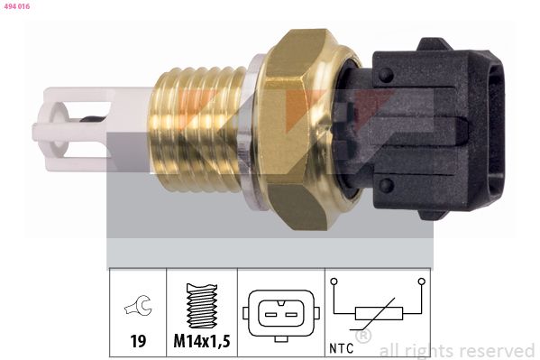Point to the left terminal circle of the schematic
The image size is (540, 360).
[x=334, y=282]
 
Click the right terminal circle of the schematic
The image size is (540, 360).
[x=421, y=282]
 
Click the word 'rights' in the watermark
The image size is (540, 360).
[x=432, y=350]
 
